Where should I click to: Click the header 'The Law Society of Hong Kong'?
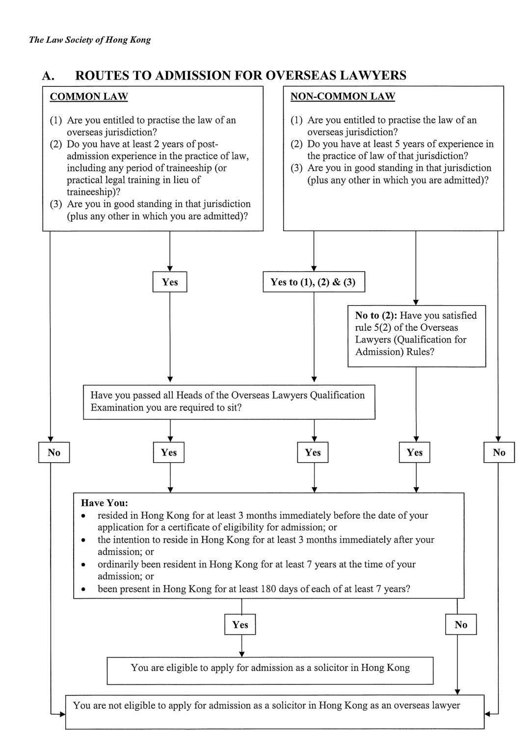tap(90, 40)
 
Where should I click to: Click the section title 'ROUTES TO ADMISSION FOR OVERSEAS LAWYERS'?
tap(240, 76)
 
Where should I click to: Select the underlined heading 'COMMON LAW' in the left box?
tap(89, 97)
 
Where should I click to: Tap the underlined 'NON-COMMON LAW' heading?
tap(343, 97)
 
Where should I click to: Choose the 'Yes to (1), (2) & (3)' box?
tap(314, 282)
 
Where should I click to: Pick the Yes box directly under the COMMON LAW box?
tap(170, 282)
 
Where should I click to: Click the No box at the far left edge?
tap(54, 452)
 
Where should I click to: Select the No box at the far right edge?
tap(499, 452)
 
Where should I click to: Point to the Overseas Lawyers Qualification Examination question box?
tap(229, 401)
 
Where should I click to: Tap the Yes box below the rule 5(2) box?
tap(415, 452)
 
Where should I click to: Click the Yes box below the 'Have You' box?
tap(240, 625)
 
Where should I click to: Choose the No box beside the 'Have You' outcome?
tap(461, 625)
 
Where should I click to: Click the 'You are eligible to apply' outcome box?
tap(270, 670)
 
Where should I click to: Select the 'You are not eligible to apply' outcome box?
tap(274, 711)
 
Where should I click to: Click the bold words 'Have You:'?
tap(105, 503)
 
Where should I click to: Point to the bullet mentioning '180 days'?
tap(254, 589)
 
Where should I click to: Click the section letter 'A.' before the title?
tap(48, 76)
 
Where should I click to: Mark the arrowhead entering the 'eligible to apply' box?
tap(240, 654)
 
